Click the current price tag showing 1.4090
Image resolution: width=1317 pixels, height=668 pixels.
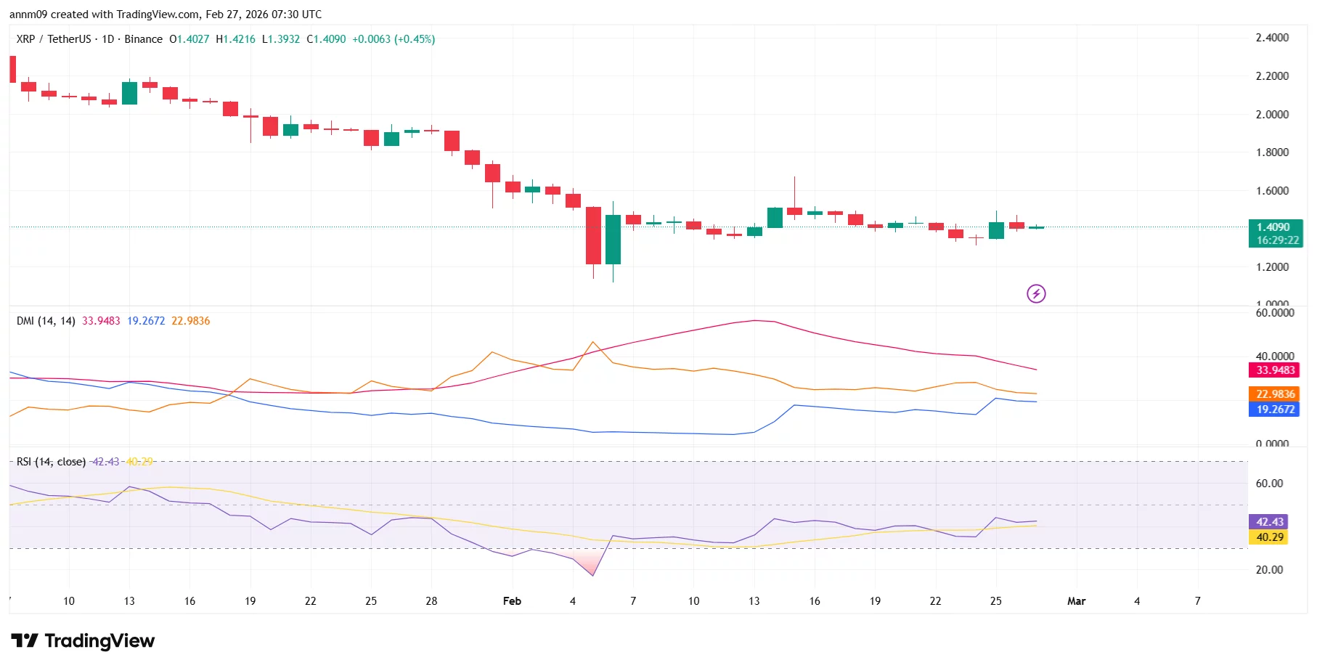click(x=1275, y=227)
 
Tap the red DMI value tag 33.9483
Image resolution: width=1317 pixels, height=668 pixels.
click(x=1275, y=370)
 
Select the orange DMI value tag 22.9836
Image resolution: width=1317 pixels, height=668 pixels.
click(x=1275, y=394)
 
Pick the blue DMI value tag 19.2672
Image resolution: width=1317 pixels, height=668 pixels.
click(x=1275, y=409)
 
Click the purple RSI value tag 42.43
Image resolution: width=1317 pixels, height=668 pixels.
click(x=1269, y=521)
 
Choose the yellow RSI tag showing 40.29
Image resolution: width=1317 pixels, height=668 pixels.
click(x=1269, y=537)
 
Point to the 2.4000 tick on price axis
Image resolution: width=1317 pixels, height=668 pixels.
click(x=1272, y=38)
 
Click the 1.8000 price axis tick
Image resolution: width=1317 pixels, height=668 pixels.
click(x=1272, y=152)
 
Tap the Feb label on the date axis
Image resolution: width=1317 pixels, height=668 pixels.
click(x=512, y=601)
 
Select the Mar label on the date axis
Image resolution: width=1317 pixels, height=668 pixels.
click(x=1076, y=601)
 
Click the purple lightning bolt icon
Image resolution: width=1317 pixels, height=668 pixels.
click(x=1036, y=293)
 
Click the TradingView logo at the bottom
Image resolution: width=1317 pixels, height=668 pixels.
click(x=83, y=640)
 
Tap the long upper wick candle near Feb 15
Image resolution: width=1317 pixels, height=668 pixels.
click(x=794, y=211)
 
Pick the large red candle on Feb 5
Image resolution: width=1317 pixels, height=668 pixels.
click(x=593, y=235)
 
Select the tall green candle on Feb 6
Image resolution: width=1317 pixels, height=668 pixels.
click(x=613, y=240)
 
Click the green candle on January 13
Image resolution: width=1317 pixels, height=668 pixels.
click(x=129, y=93)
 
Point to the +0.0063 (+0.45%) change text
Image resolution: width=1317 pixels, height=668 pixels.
click(x=394, y=39)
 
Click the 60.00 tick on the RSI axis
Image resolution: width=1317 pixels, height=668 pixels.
click(x=1269, y=484)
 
